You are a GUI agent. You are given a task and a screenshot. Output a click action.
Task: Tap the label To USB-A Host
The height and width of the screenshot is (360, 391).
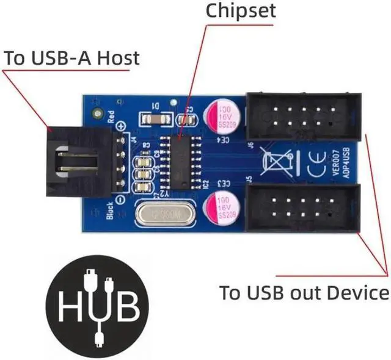coord(71,59)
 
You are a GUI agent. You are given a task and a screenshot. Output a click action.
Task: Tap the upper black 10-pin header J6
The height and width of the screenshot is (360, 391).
coord(302,116)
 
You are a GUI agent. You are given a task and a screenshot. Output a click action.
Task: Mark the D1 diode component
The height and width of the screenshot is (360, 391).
coord(151,116)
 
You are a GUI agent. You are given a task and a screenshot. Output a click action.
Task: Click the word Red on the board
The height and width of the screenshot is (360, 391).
coord(111,115)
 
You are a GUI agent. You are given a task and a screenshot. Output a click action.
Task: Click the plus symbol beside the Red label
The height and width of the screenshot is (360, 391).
coord(121,126)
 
